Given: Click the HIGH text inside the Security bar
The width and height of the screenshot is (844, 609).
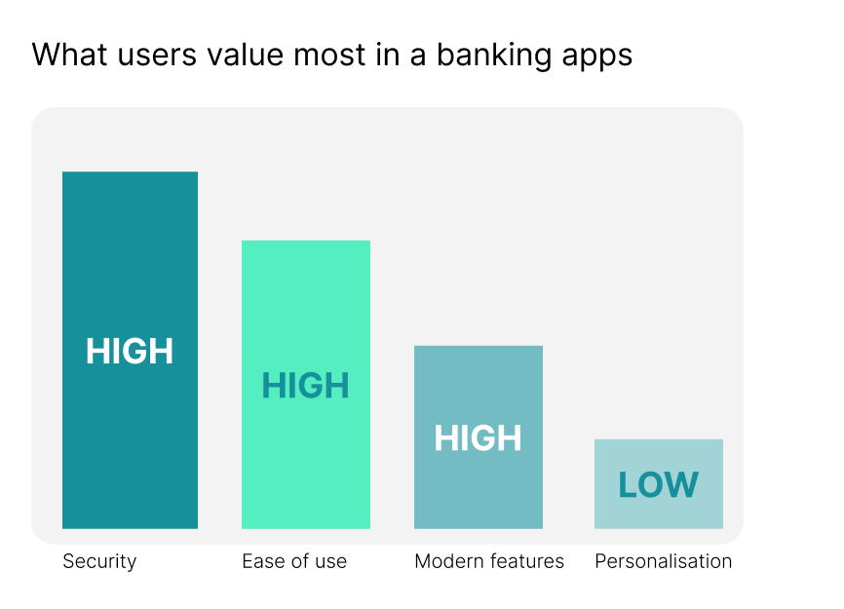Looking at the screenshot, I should (x=130, y=352).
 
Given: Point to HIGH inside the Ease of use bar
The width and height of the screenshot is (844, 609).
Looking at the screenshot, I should (x=305, y=387).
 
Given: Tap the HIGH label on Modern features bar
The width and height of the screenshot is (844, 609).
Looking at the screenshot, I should (x=478, y=438).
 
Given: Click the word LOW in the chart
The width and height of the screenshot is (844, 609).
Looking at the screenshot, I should (x=659, y=485).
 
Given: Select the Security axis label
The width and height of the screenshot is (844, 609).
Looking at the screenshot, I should (x=99, y=561).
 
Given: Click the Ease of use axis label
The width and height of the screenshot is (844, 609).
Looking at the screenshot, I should (x=294, y=561).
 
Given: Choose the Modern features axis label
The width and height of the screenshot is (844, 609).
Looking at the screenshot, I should (x=489, y=561).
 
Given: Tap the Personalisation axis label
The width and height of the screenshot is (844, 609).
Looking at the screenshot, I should (x=663, y=561).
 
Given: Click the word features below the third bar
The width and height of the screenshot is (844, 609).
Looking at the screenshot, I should (x=528, y=561).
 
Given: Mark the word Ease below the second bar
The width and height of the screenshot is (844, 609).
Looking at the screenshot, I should (x=260, y=561).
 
